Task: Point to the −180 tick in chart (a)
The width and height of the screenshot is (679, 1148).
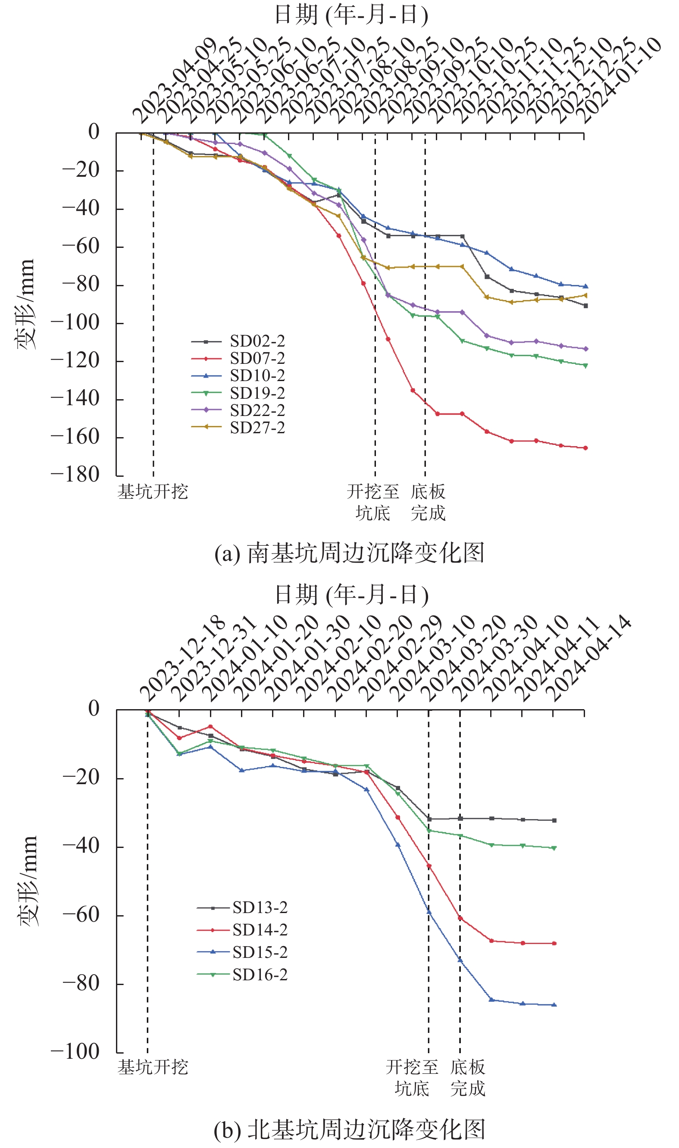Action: (75, 475)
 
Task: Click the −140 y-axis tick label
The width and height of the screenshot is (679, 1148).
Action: (75, 399)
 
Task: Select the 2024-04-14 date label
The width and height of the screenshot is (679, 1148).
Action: (589, 659)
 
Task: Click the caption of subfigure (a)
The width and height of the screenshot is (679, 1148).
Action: (350, 553)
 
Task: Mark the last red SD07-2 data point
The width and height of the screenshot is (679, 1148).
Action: (585, 448)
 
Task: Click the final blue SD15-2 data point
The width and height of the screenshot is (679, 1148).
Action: (554, 1005)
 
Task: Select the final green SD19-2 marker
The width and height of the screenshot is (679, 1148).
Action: (585, 366)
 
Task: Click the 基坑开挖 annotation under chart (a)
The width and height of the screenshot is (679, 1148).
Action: (153, 492)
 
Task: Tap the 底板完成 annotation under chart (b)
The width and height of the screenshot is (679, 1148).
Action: (468, 1078)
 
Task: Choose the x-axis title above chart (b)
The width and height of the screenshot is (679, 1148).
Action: (351, 595)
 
